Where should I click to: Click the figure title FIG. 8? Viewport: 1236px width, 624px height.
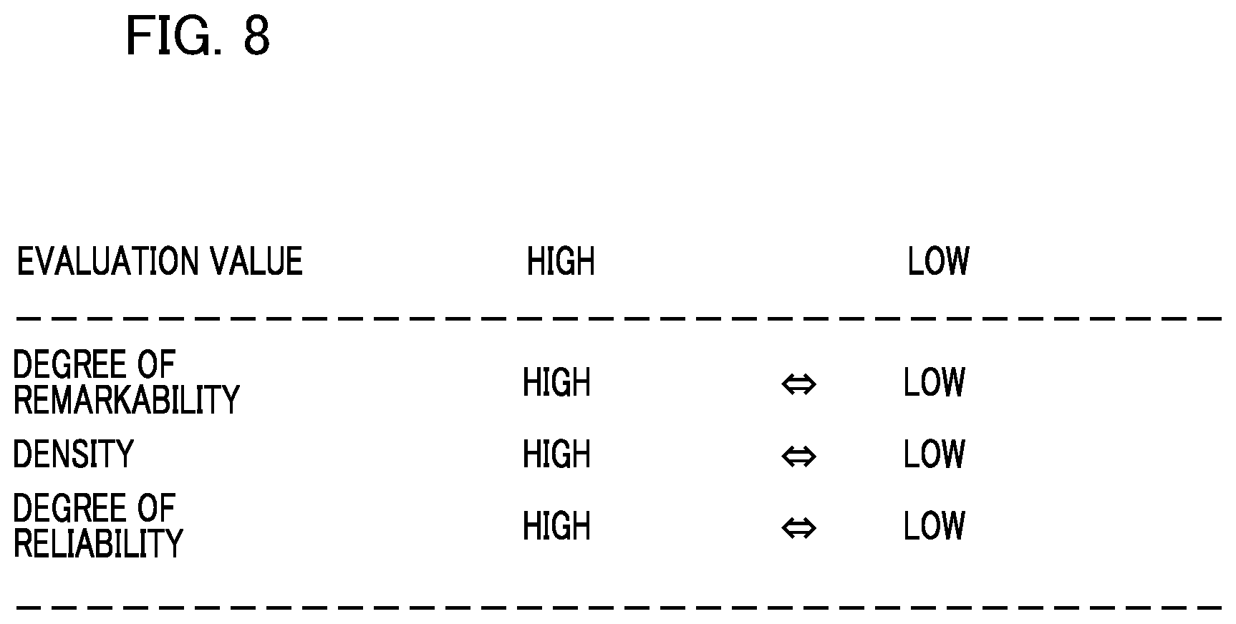[198, 36]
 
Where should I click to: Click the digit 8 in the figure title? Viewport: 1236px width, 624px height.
[256, 36]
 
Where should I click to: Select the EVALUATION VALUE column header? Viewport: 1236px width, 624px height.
[160, 261]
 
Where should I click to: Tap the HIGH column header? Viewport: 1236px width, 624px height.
[561, 261]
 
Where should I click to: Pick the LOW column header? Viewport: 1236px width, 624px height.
[938, 261]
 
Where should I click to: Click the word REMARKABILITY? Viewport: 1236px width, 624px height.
[126, 400]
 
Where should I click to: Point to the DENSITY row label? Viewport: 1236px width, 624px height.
[73, 454]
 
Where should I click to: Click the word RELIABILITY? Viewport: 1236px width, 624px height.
[98, 543]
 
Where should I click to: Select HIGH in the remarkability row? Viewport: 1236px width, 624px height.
[556, 382]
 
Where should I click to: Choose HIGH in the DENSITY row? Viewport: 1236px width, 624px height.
[556, 454]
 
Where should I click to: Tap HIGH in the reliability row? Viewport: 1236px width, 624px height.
[556, 526]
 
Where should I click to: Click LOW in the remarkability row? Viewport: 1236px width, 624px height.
[934, 382]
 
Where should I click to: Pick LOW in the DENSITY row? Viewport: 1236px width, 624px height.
[934, 454]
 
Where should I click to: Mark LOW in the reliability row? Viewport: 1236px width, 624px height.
[934, 526]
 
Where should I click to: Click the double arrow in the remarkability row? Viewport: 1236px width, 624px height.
[798, 384]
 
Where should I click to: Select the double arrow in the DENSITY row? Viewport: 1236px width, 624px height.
[798, 456]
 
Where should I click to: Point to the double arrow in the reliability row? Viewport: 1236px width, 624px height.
[798, 528]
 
